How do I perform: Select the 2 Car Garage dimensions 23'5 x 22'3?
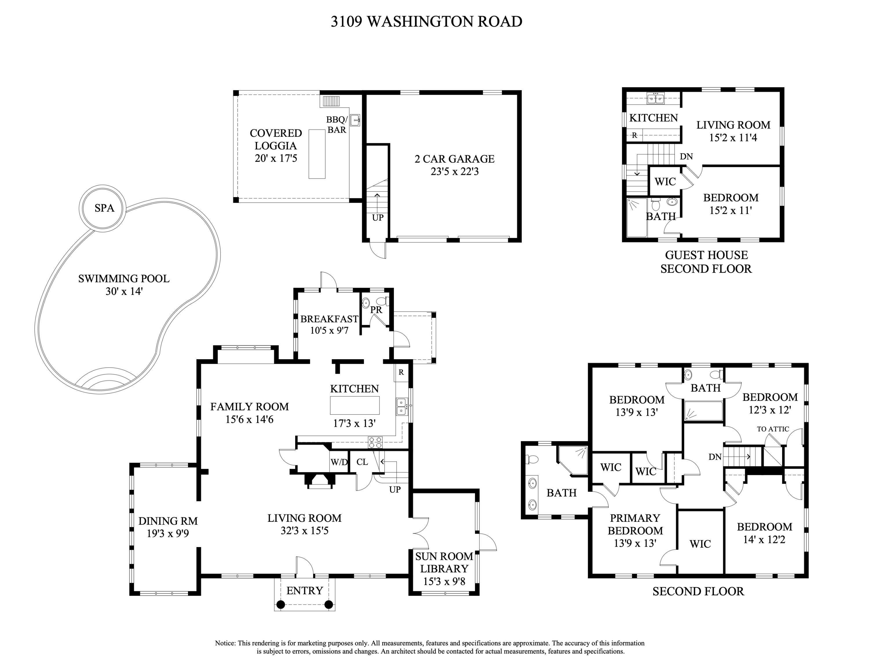(454, 172)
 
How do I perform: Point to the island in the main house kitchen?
(355, 405)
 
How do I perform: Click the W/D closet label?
(339, 462)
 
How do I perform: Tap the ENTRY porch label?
(304, 590)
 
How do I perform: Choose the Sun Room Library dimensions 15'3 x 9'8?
(444, 581)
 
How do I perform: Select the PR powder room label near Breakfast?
(376, 310)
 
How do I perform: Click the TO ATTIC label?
(773, 429)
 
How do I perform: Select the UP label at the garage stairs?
(378, 217)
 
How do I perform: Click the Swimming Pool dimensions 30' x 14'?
(124, 291)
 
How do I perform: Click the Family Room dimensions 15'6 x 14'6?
(249, 419)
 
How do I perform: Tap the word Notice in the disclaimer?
(225, 643)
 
